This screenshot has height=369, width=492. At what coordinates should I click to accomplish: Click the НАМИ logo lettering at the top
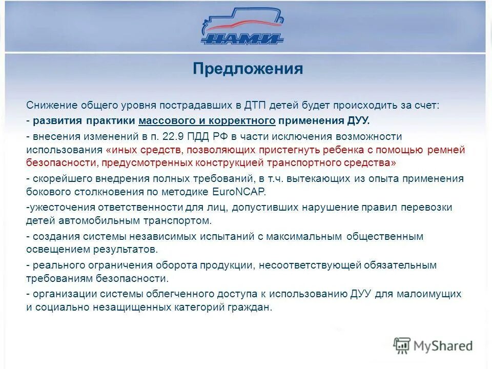coord(242,39)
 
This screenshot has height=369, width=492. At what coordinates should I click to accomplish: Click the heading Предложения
coord(248,69)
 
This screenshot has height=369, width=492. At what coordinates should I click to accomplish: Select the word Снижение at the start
coord(51,105)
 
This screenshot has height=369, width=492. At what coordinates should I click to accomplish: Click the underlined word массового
coord(163,120)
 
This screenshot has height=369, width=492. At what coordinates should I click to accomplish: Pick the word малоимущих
coord(432,294)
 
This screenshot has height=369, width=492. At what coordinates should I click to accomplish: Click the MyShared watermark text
coord(444,346)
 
